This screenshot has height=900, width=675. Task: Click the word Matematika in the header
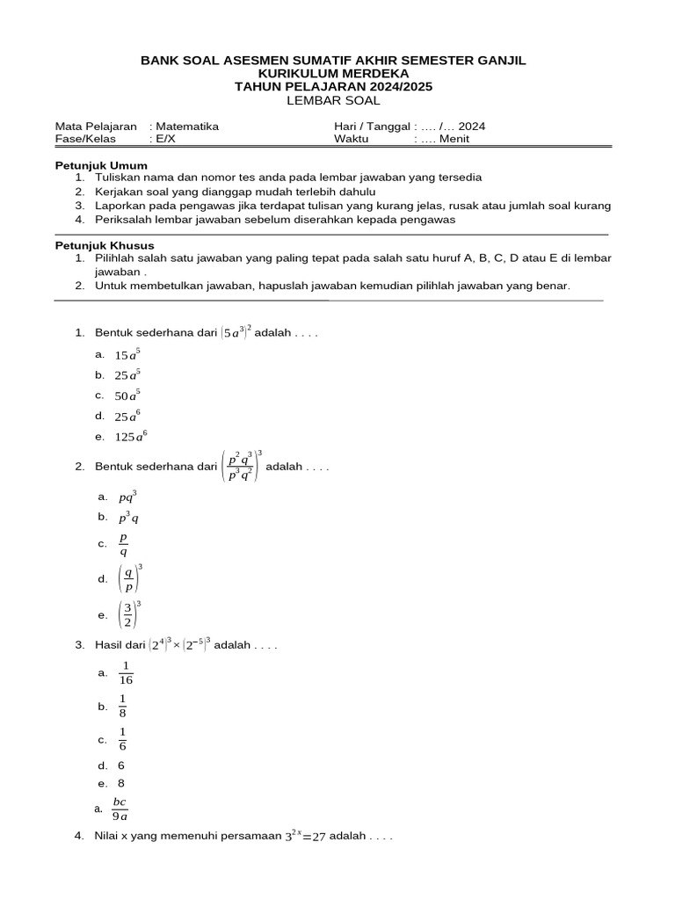click(187, 127)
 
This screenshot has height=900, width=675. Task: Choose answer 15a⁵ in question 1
click(127, 354)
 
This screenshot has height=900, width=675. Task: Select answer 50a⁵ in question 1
click(127, 395)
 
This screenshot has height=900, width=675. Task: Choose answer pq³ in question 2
click(127, 497)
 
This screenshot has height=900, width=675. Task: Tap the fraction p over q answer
click(123, 545)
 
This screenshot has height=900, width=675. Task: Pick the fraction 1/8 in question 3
click(124, 707)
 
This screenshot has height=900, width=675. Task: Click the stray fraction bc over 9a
click(120, 809)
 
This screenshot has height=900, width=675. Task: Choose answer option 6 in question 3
click(121, 766)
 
